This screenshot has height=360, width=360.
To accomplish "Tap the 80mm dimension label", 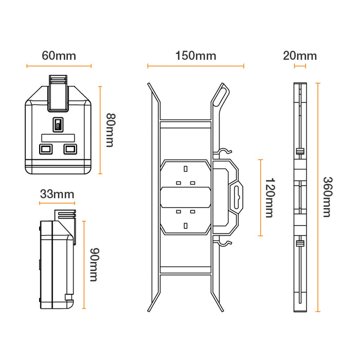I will click(109, 130).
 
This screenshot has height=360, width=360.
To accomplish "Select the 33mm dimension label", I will click(57, 194).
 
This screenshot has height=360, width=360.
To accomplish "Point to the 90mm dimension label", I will click(94, 265).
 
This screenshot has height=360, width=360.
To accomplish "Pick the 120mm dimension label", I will click(269, 198).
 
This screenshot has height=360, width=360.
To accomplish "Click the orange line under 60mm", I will click(59, 66).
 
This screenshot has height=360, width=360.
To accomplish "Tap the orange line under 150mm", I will click(195, 66).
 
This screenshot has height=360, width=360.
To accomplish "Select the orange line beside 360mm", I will click(318, 197).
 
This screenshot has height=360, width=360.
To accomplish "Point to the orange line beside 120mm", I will click(260, 198).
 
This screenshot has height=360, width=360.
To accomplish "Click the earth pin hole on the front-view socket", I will click(58, 124).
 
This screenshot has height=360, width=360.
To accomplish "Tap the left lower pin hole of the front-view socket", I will click(46, 149).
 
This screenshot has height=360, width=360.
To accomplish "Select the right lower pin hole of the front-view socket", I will click(70, 149).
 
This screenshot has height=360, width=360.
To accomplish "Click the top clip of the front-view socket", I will click(58, 93).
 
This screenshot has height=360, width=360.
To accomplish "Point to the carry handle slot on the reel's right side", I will click(237, 197).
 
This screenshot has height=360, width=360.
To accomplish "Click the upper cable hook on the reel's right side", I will click(224, 152).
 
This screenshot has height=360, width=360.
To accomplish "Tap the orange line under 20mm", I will click(300, 66).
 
